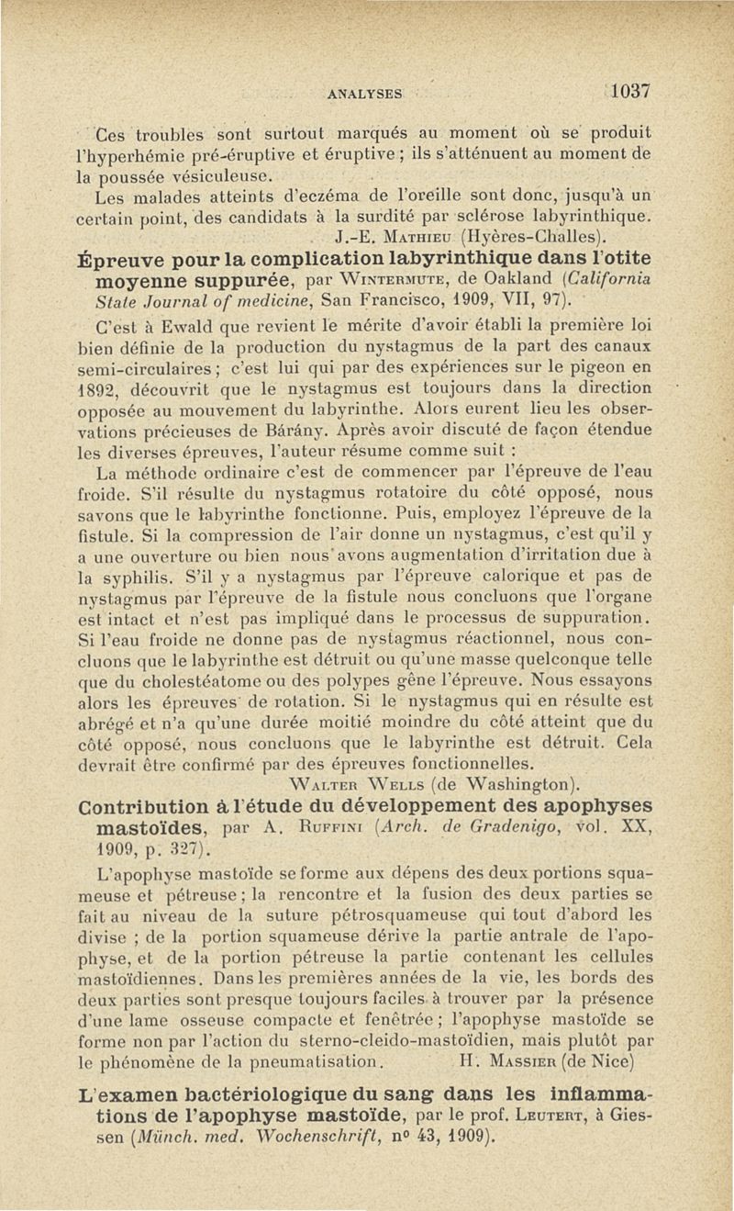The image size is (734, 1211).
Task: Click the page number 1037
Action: click(x=628, y=91)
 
